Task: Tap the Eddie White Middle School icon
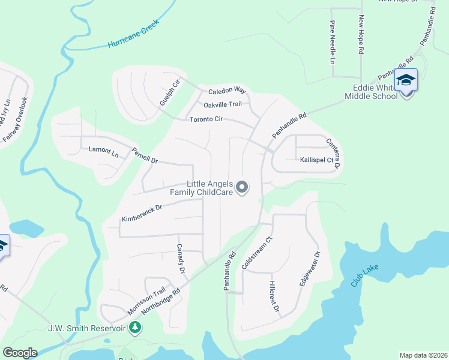406,80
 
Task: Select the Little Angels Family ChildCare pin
242,188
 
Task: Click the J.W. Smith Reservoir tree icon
136,328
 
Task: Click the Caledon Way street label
227,91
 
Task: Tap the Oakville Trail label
223,104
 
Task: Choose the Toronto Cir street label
206,119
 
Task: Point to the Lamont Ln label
103,150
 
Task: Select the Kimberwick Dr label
142,212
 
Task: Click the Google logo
20,352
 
